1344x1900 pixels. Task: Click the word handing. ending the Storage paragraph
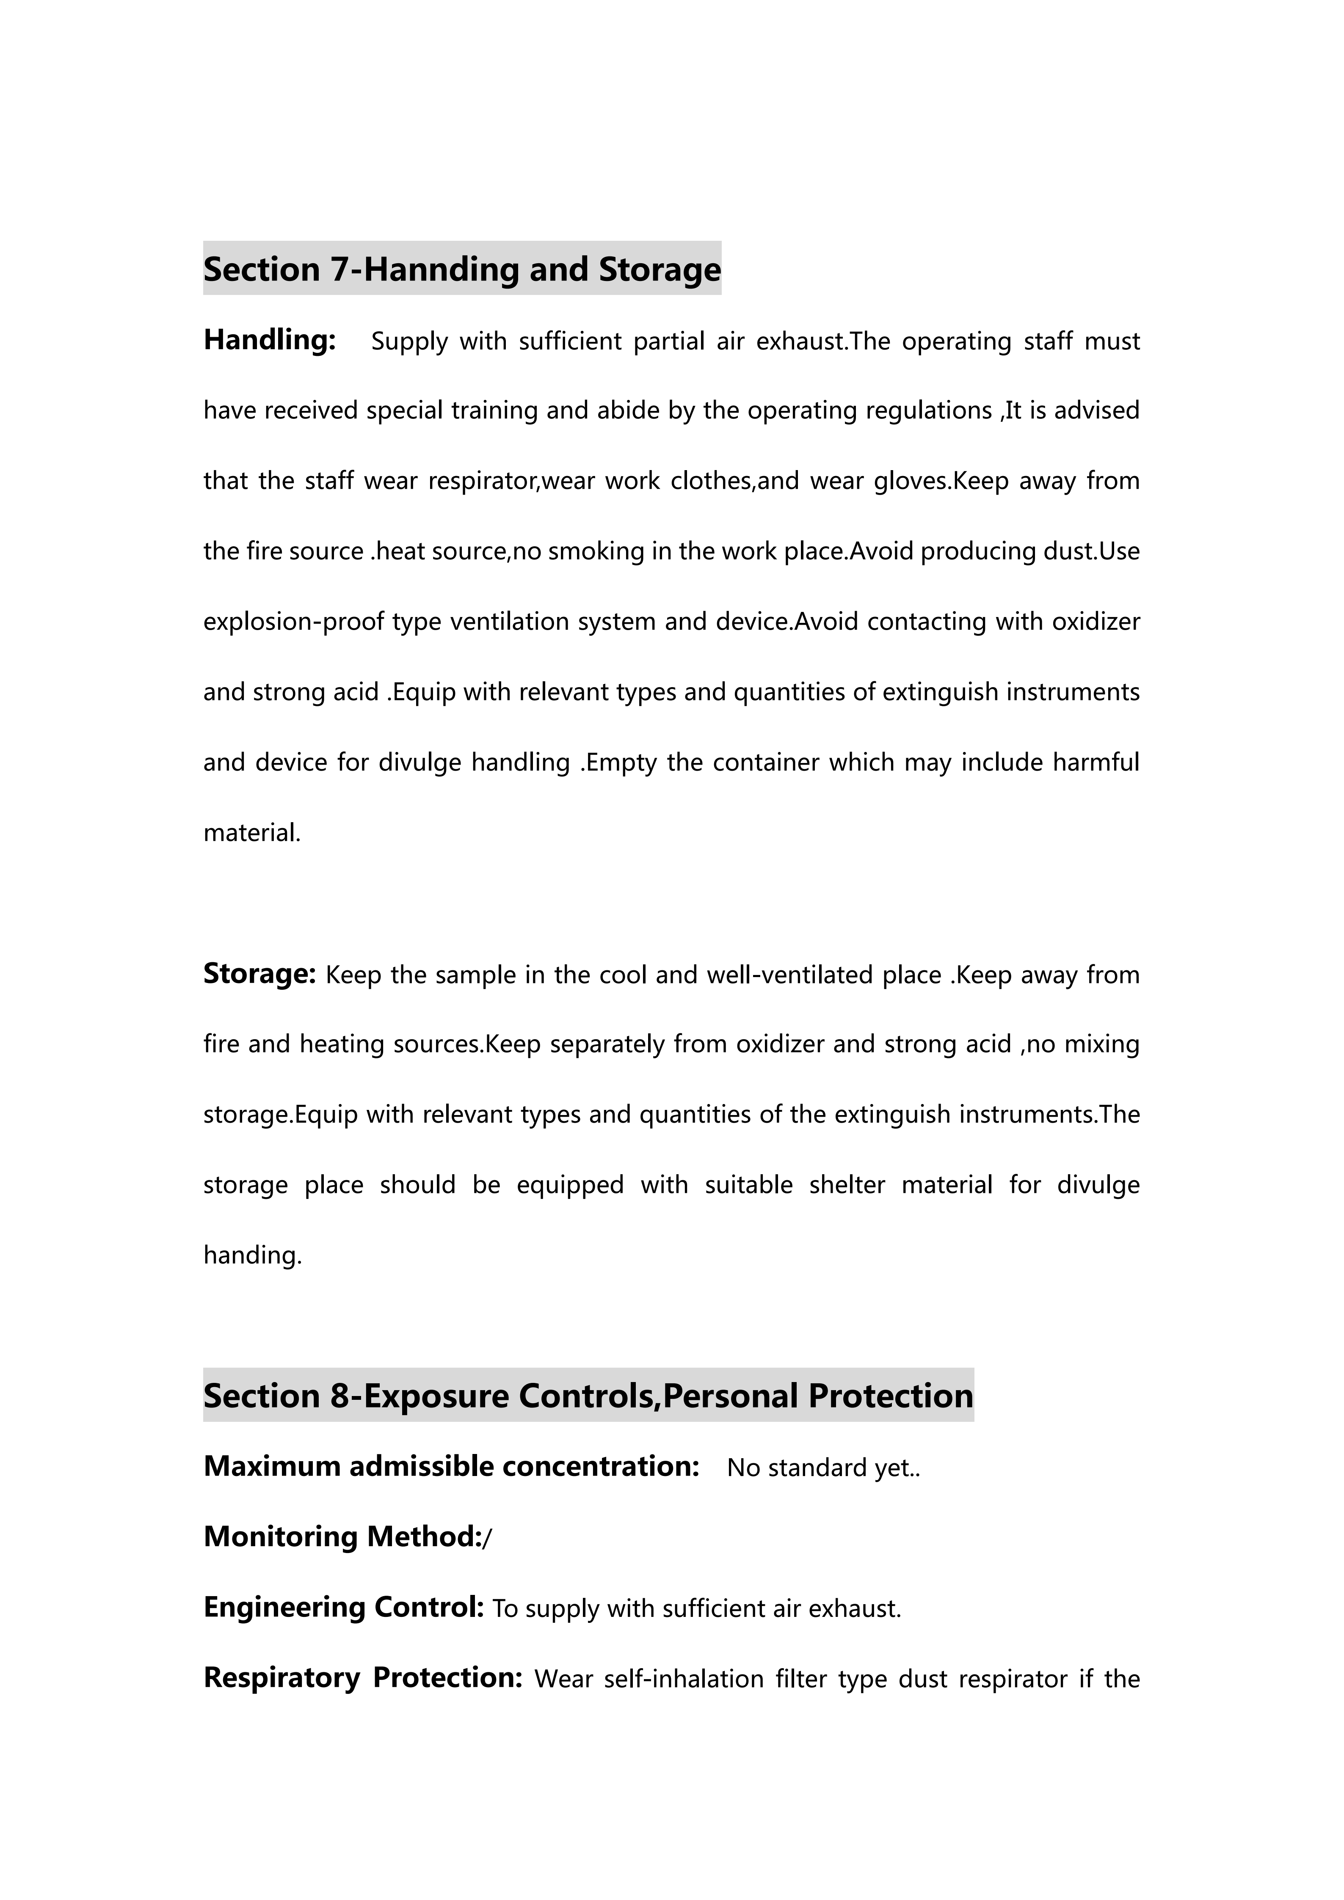click(x=252, y=1256)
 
